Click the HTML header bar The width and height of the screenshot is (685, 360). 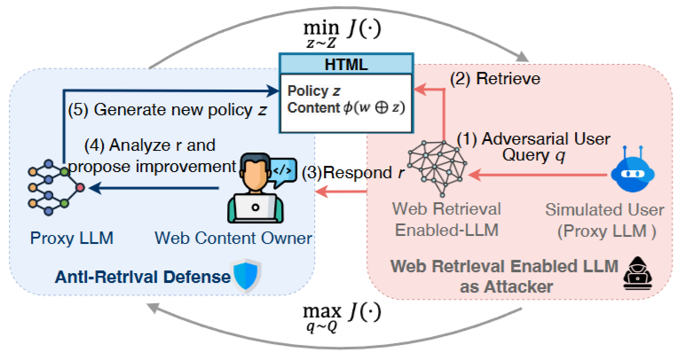point(346,63)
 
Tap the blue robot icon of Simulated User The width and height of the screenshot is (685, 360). point(631,173)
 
